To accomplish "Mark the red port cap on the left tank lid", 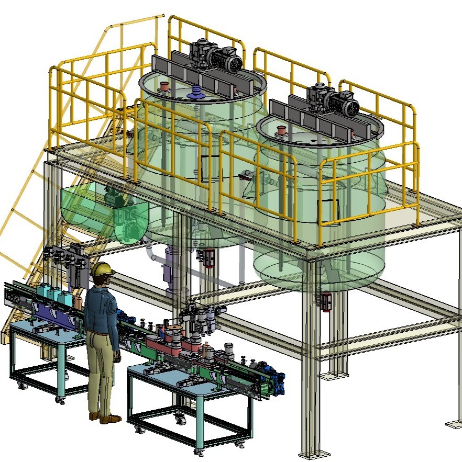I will click(x=164, y=86).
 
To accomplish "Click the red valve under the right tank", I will click(x=326, y=302).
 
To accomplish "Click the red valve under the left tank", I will click(x=208, y=257).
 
